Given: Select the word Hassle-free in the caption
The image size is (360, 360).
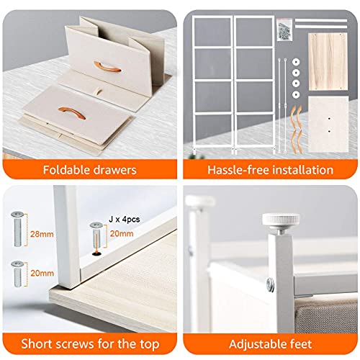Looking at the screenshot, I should pyautogui.click(x=235, y=170).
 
